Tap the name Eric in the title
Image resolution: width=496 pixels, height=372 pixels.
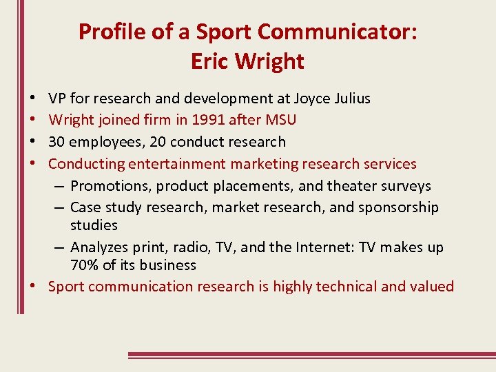pyautogui.click(x=210, y=61)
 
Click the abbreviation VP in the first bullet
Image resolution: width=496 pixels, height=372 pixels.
pyautogui.click(x=58, y=98)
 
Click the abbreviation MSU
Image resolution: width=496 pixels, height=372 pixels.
pyautogui.click(x=280, y=120)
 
